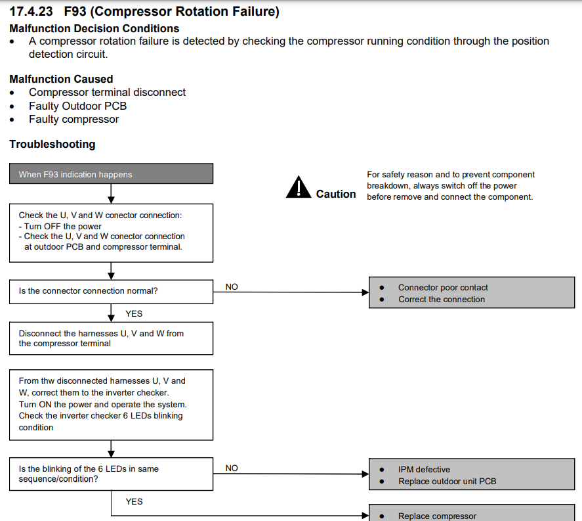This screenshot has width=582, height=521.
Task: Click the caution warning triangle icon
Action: pos(299,187)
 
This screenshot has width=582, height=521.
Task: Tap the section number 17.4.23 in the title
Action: pos(31,12)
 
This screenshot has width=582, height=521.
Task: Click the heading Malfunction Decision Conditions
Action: pos(94,29)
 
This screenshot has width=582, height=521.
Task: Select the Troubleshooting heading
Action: pos(52,144)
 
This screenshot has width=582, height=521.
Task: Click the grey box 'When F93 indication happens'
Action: pos(112,173)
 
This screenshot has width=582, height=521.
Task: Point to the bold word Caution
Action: pos(336,194)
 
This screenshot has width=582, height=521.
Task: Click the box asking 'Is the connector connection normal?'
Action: pos(112,292)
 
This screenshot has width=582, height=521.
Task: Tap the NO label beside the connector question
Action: pos(232,287)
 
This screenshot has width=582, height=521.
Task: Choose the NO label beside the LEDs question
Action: pos(232,468)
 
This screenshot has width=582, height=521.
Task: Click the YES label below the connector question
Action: pos(134,313)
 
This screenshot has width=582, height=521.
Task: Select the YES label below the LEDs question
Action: pos(134,502)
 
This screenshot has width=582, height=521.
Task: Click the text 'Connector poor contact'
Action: pos(443,288)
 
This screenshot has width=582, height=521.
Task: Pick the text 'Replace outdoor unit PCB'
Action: pos(447,481)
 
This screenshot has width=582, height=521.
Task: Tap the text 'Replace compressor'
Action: pos(437,516)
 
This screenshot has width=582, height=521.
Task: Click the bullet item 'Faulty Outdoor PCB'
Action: pos(78,106)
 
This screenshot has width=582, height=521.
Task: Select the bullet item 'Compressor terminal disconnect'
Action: pos(107,92)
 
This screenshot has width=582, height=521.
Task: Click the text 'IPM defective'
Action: pos(425,469)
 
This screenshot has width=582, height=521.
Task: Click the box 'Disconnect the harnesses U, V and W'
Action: pos(112,338)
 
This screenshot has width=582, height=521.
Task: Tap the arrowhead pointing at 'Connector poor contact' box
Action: pos(365,292)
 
